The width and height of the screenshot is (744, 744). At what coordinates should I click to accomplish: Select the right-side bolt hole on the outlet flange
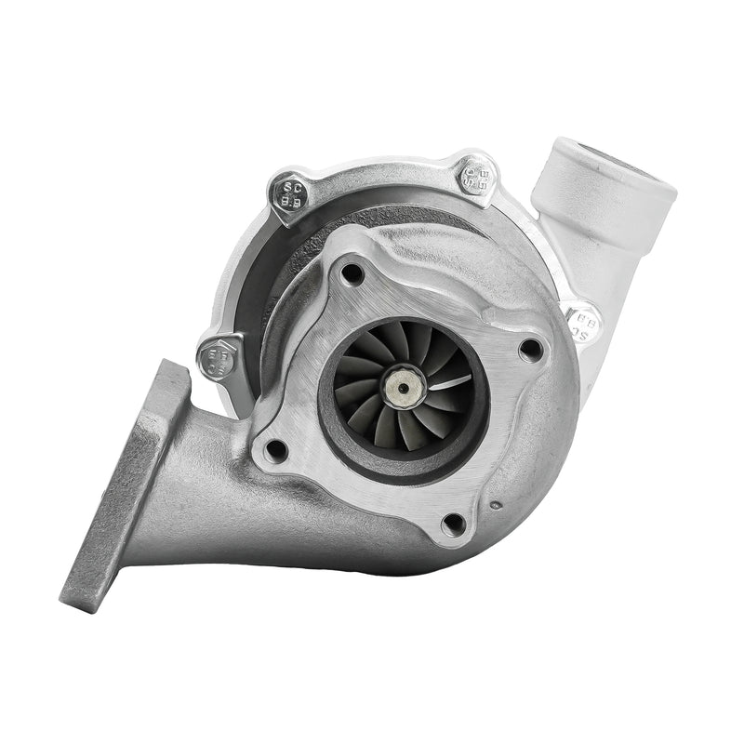(x=530, y=349)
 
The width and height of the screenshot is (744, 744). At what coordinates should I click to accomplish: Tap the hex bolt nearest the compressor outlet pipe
(x=478, y=176)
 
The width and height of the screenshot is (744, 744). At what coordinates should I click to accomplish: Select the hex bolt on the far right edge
(x=584, y=323)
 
